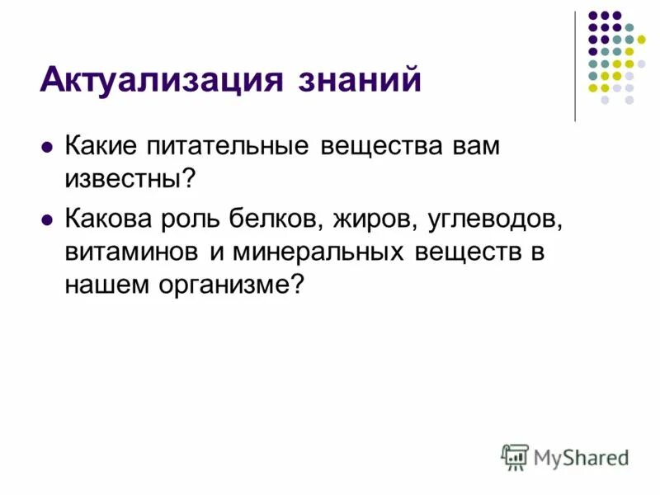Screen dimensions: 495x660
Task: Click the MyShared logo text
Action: point(581,455)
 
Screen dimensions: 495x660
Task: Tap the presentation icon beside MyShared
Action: point(515,457)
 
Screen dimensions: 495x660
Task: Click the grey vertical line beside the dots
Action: point(575,66)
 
